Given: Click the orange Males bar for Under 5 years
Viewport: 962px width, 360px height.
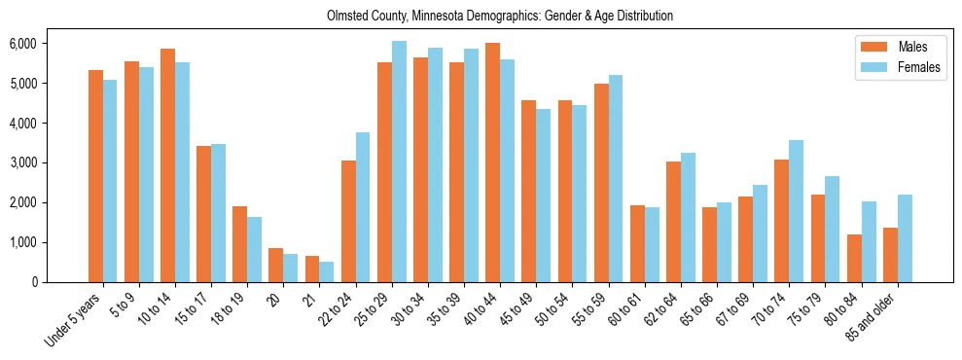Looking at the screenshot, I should [x=95, y=176].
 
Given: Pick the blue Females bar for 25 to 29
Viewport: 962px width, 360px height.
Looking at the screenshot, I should [x=399, y=162].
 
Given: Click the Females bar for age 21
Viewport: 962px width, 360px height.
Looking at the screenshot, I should [x=327, y=271].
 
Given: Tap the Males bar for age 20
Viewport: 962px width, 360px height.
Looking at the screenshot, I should [x=276, y=265].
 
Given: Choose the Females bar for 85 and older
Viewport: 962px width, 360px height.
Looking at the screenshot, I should [x=905, y=238].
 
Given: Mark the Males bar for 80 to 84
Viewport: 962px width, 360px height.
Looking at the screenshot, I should [x=854, y=258].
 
